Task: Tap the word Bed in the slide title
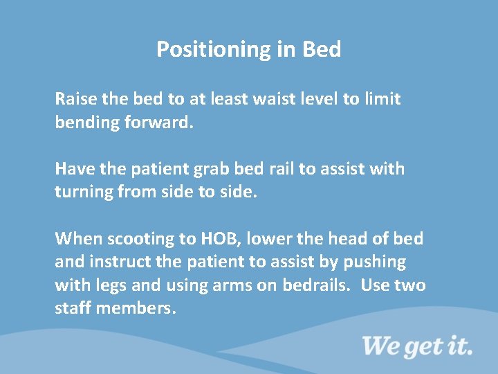click(322, 50)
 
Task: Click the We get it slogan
click(417, 345)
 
